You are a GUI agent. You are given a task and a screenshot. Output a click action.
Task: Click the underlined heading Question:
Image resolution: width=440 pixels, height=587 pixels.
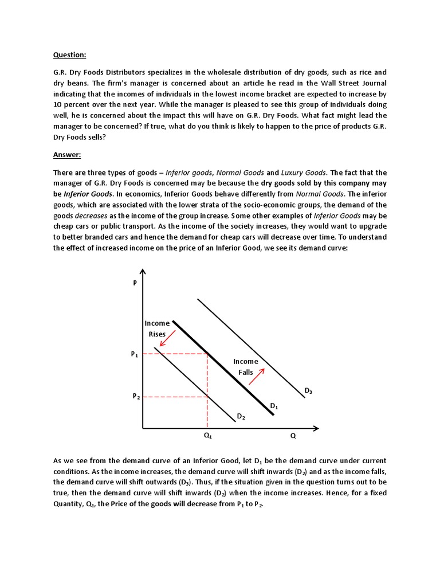coord(70,55)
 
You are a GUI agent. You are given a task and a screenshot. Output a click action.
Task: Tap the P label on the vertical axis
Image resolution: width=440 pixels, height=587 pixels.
coord(135,283)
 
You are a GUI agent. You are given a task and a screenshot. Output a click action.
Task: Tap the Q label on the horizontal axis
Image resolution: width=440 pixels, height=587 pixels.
coord(293,436)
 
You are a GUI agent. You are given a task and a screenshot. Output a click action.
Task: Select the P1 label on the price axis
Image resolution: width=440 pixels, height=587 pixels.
coord(135,355)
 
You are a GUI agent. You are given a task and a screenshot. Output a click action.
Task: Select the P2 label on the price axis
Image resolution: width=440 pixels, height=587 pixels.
coord(136,397)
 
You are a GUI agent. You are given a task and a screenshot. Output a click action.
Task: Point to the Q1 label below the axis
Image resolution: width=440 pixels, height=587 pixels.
coord(207,436)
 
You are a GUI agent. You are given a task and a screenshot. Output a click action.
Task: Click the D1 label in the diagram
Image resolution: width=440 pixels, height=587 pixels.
coord(274,406)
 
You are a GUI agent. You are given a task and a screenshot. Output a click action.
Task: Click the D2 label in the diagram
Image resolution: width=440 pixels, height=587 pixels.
coord(241,417)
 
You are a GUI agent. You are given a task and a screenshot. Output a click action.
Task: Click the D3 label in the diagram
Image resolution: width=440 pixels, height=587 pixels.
coord(308,391)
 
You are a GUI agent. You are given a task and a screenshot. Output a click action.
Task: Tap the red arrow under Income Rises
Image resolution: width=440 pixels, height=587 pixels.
coord(168,338)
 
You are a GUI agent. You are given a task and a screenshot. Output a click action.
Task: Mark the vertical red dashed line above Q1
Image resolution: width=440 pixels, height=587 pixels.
coord(207,396)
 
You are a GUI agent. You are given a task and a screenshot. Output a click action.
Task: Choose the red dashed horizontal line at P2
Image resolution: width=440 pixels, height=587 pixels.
coord(175,397)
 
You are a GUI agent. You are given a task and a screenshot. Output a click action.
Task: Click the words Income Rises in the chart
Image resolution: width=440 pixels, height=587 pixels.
coord(157,328)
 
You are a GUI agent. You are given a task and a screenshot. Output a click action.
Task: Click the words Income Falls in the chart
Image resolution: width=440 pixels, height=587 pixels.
coord(246,367)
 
